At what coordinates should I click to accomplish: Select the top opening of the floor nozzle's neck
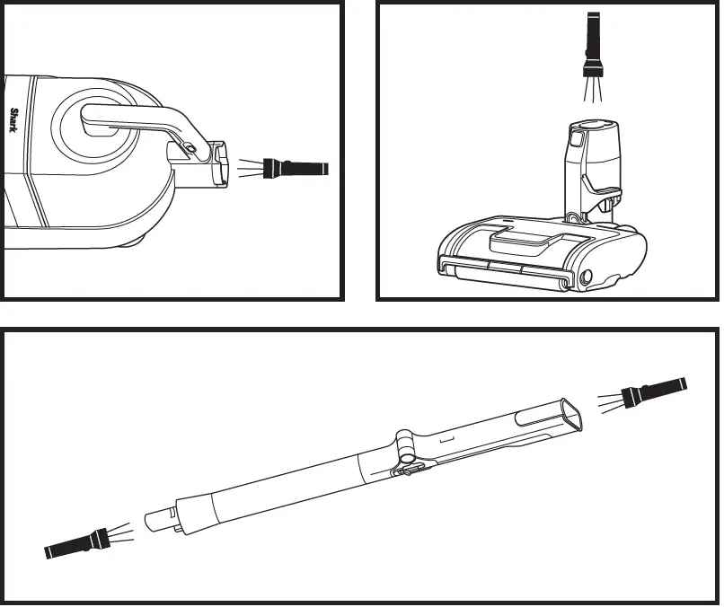[593, 127]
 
